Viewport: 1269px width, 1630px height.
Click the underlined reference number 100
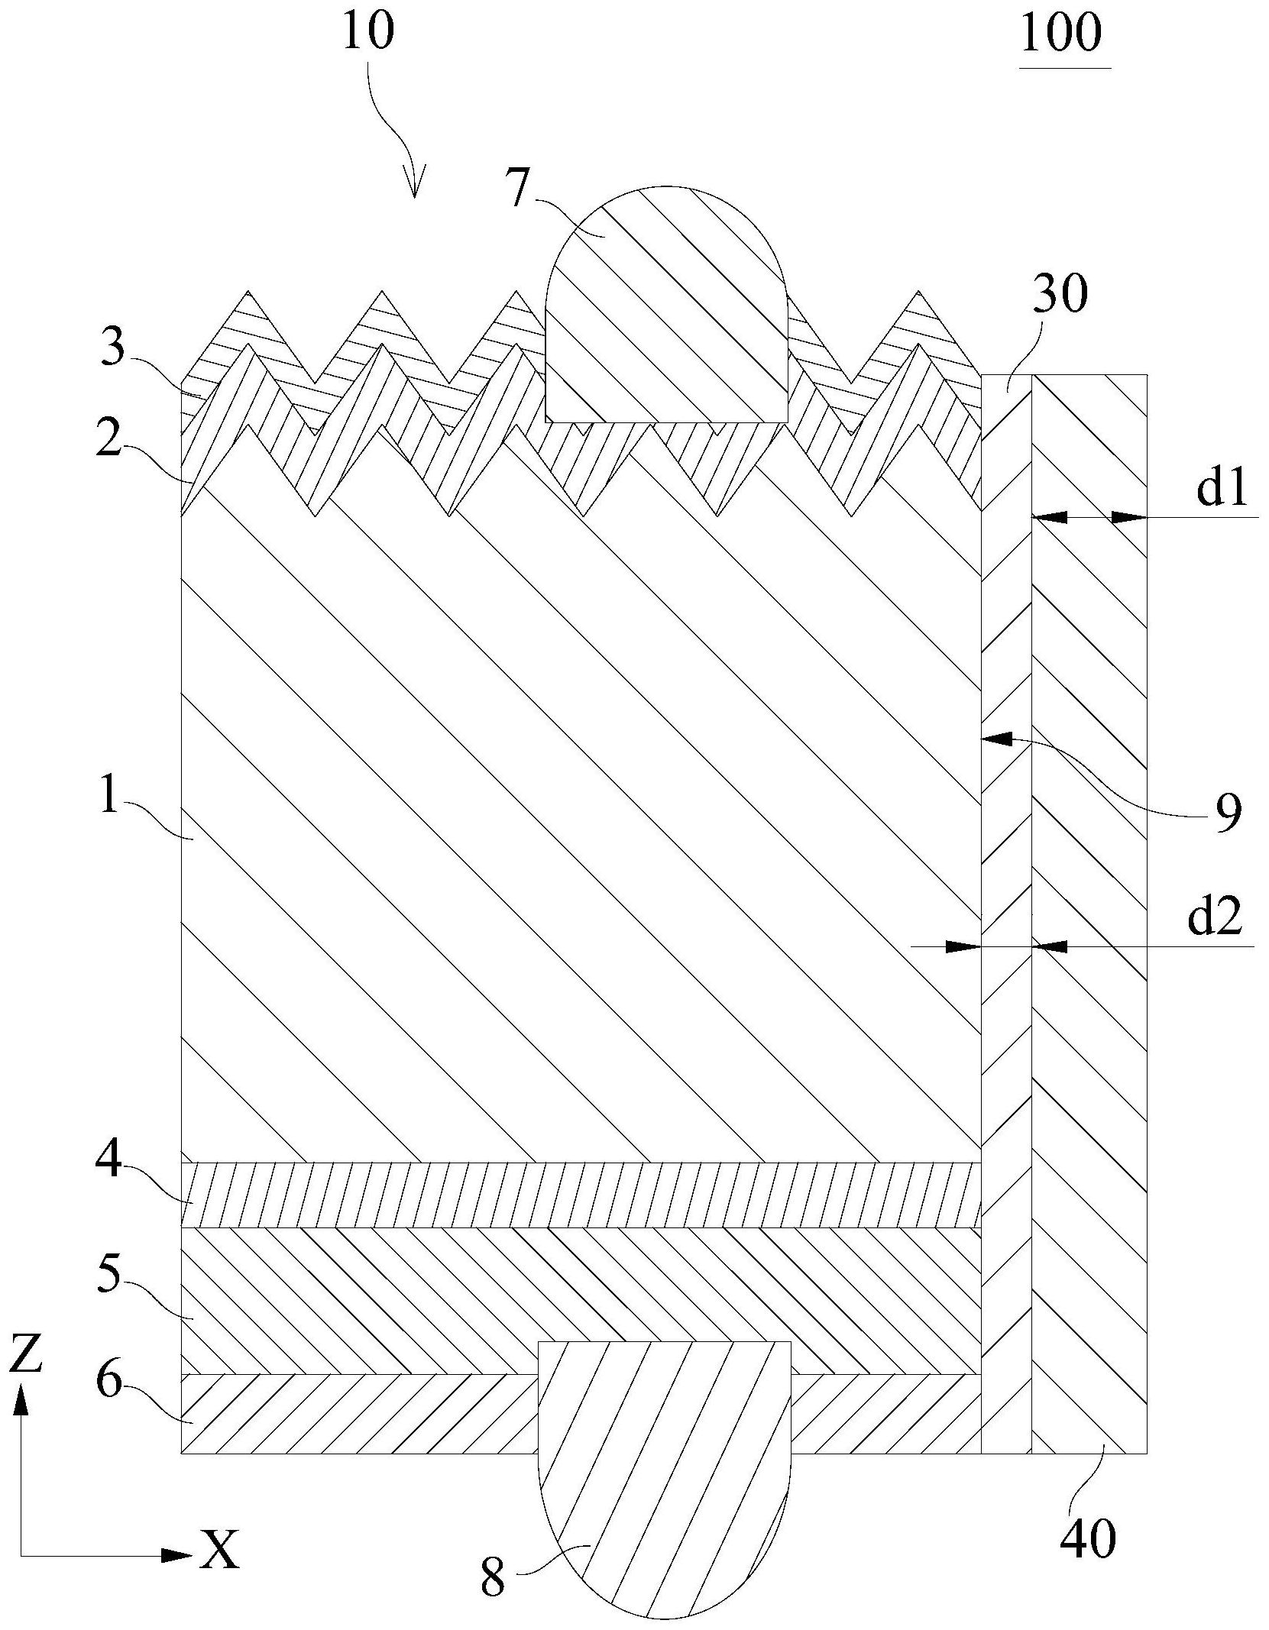click(x=1062, y=34)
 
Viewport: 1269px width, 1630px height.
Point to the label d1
click(x=1222, y=490)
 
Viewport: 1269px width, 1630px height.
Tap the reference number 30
click(x=1059, y=296)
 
